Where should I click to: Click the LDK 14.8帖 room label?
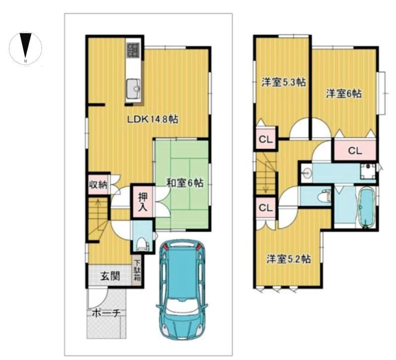152,119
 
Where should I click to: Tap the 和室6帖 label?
185,183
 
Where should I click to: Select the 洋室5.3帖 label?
284,82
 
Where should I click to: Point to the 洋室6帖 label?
344,94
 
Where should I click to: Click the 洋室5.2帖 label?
289,259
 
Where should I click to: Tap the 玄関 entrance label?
110,276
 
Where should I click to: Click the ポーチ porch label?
105,313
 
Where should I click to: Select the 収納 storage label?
98,185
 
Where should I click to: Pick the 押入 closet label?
143,203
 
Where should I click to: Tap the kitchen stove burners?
133,50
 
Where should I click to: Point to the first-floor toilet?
143,245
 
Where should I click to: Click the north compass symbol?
26,49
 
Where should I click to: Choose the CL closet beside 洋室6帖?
355,151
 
